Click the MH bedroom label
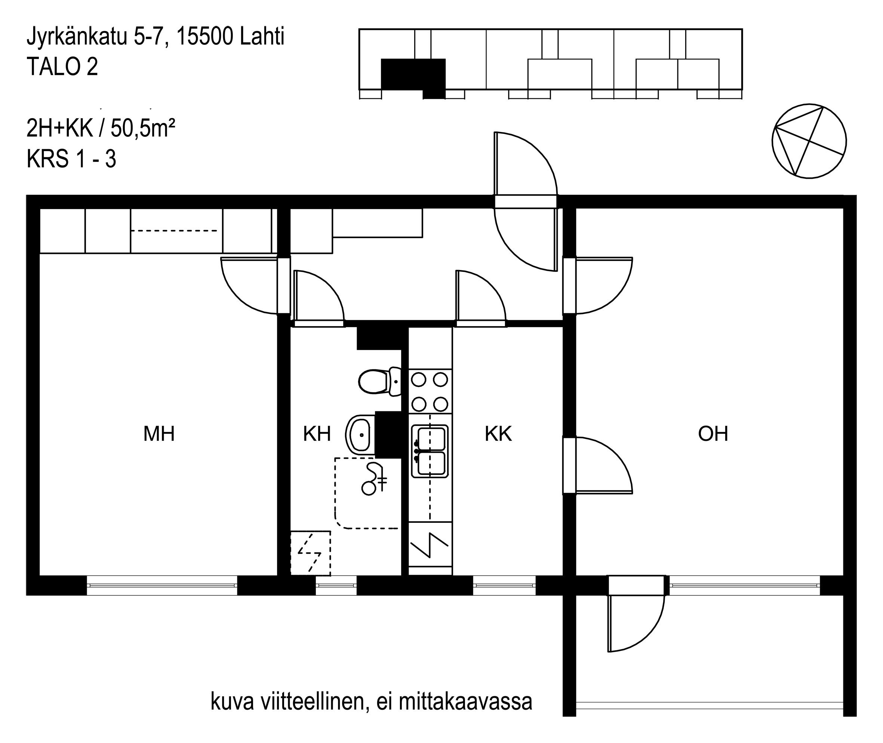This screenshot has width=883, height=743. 159,433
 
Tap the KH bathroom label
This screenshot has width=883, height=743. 317,433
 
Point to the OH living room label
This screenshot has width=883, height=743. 713,433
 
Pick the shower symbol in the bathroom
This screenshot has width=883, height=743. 374,479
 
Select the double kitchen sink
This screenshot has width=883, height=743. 430,451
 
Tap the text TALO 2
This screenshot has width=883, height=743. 62,67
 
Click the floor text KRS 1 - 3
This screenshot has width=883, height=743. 71,159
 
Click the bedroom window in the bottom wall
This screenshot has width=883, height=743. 162,586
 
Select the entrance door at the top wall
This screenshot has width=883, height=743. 526,201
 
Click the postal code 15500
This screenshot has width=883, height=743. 204,37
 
